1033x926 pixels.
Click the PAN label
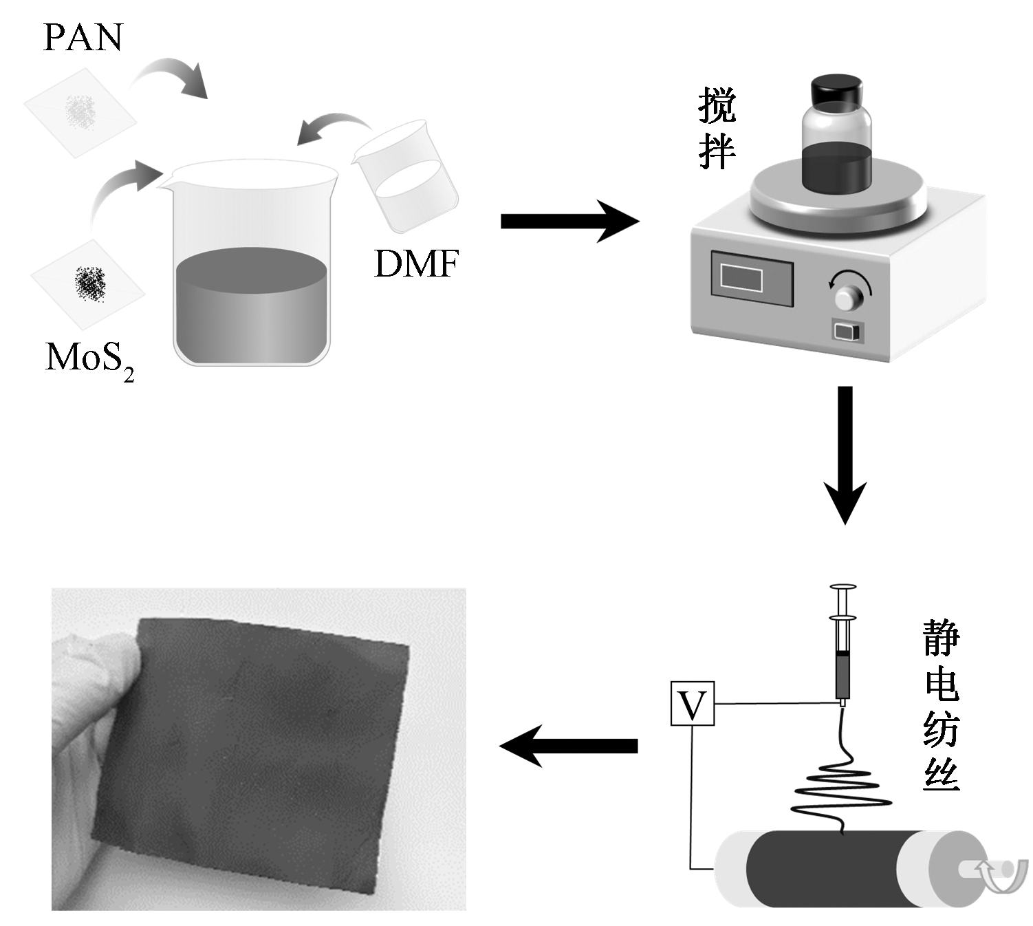tap(83, 37)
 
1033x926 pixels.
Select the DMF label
tap(416, 263)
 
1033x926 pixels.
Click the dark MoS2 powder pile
tap(90, 282)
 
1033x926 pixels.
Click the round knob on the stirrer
tap(849, 297)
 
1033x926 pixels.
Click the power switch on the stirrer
tap(846, 332)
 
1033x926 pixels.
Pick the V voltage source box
tap(693, 703)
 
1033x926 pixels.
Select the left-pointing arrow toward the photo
tap(568, 746)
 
